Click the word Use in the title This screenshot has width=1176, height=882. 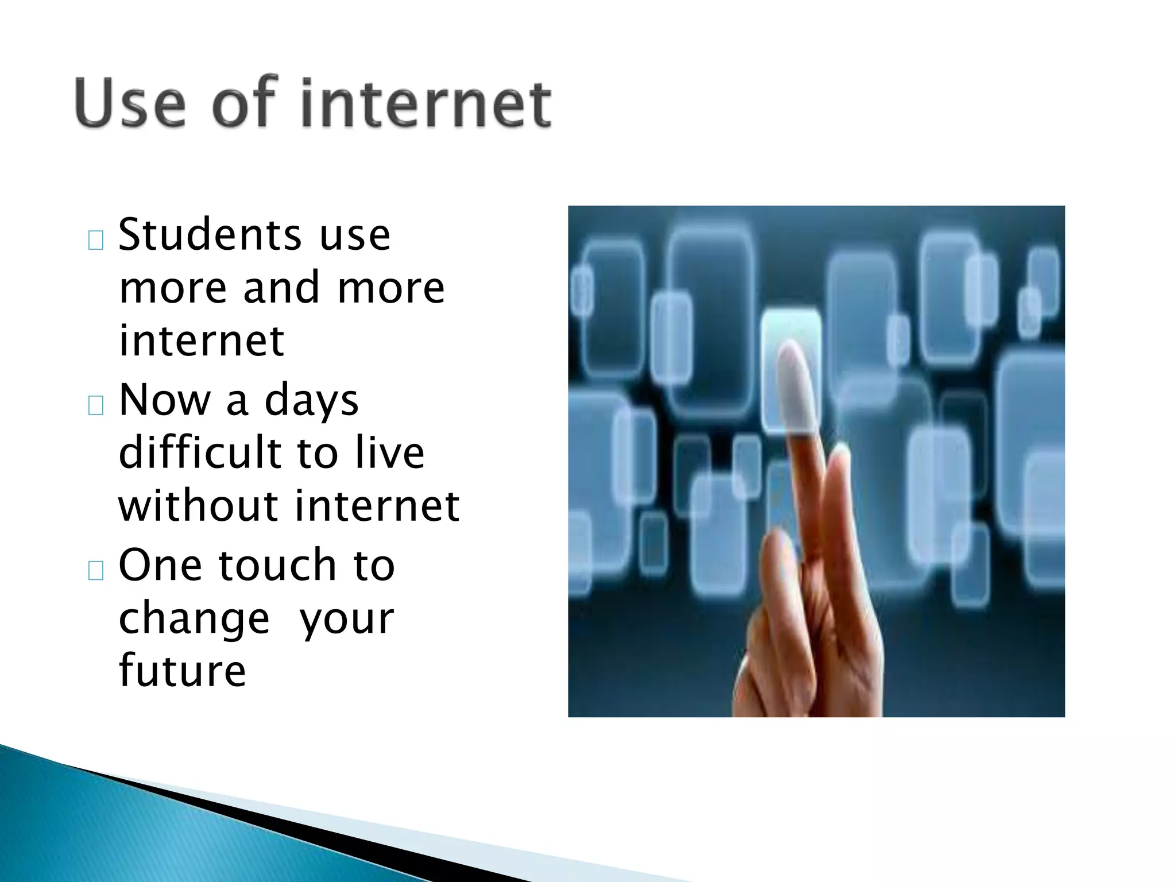[130, 103]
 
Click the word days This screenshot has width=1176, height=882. [311, 401]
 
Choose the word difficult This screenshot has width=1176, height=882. [198, 452]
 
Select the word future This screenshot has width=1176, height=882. [182, 670]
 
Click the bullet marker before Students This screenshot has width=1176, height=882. [96, 241]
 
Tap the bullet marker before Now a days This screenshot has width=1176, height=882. [96, 406]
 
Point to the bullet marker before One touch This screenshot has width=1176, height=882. [96, 571]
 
